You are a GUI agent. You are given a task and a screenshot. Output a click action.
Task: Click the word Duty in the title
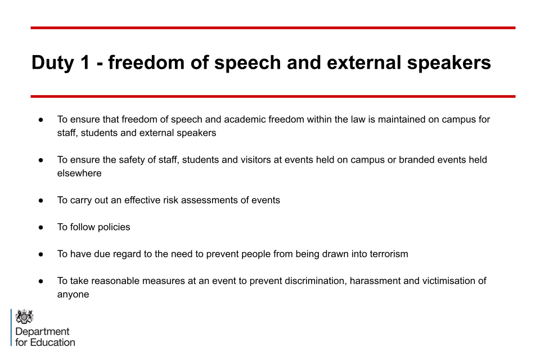click(53, 63)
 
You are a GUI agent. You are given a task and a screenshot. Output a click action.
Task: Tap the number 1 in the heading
click(85, 62)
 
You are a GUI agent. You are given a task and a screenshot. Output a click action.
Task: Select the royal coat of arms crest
click(24, 316)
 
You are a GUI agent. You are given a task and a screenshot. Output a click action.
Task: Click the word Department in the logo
click(42, 332)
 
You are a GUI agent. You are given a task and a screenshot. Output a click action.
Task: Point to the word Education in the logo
click(53, 342)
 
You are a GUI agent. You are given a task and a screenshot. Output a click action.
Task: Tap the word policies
click(114, 227)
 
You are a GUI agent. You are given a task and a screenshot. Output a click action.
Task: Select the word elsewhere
click(79, 173)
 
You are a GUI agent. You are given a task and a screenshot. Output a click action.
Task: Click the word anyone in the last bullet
click(73, 295)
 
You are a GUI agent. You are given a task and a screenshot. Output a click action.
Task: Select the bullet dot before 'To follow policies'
click(41, 227)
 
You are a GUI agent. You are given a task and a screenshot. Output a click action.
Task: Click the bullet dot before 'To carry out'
click(41, 200)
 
